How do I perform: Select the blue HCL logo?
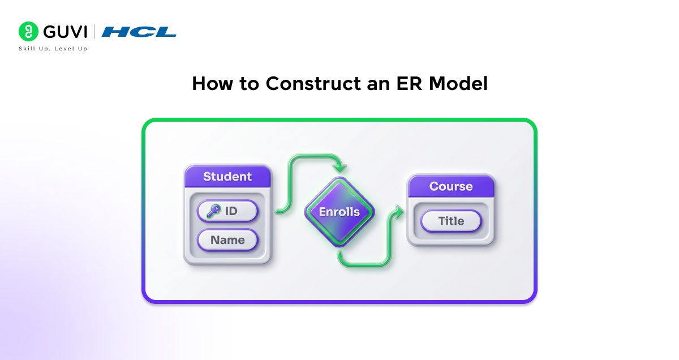[139, 32]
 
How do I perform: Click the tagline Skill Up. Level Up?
[53, 49]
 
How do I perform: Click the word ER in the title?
[407, 84]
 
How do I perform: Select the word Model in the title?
[458, 84]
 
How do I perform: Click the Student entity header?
[227, 177]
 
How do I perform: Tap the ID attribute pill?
[227, 212]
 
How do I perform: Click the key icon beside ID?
[213, 212]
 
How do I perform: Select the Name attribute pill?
[227, 240]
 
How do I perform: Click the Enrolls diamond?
[339, 212]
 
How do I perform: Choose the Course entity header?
[451, 186]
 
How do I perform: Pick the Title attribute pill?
[451, 221]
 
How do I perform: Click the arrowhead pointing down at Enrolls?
[339, 168]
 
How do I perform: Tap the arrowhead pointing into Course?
[399, 213]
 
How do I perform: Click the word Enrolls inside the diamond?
[339, 212]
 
